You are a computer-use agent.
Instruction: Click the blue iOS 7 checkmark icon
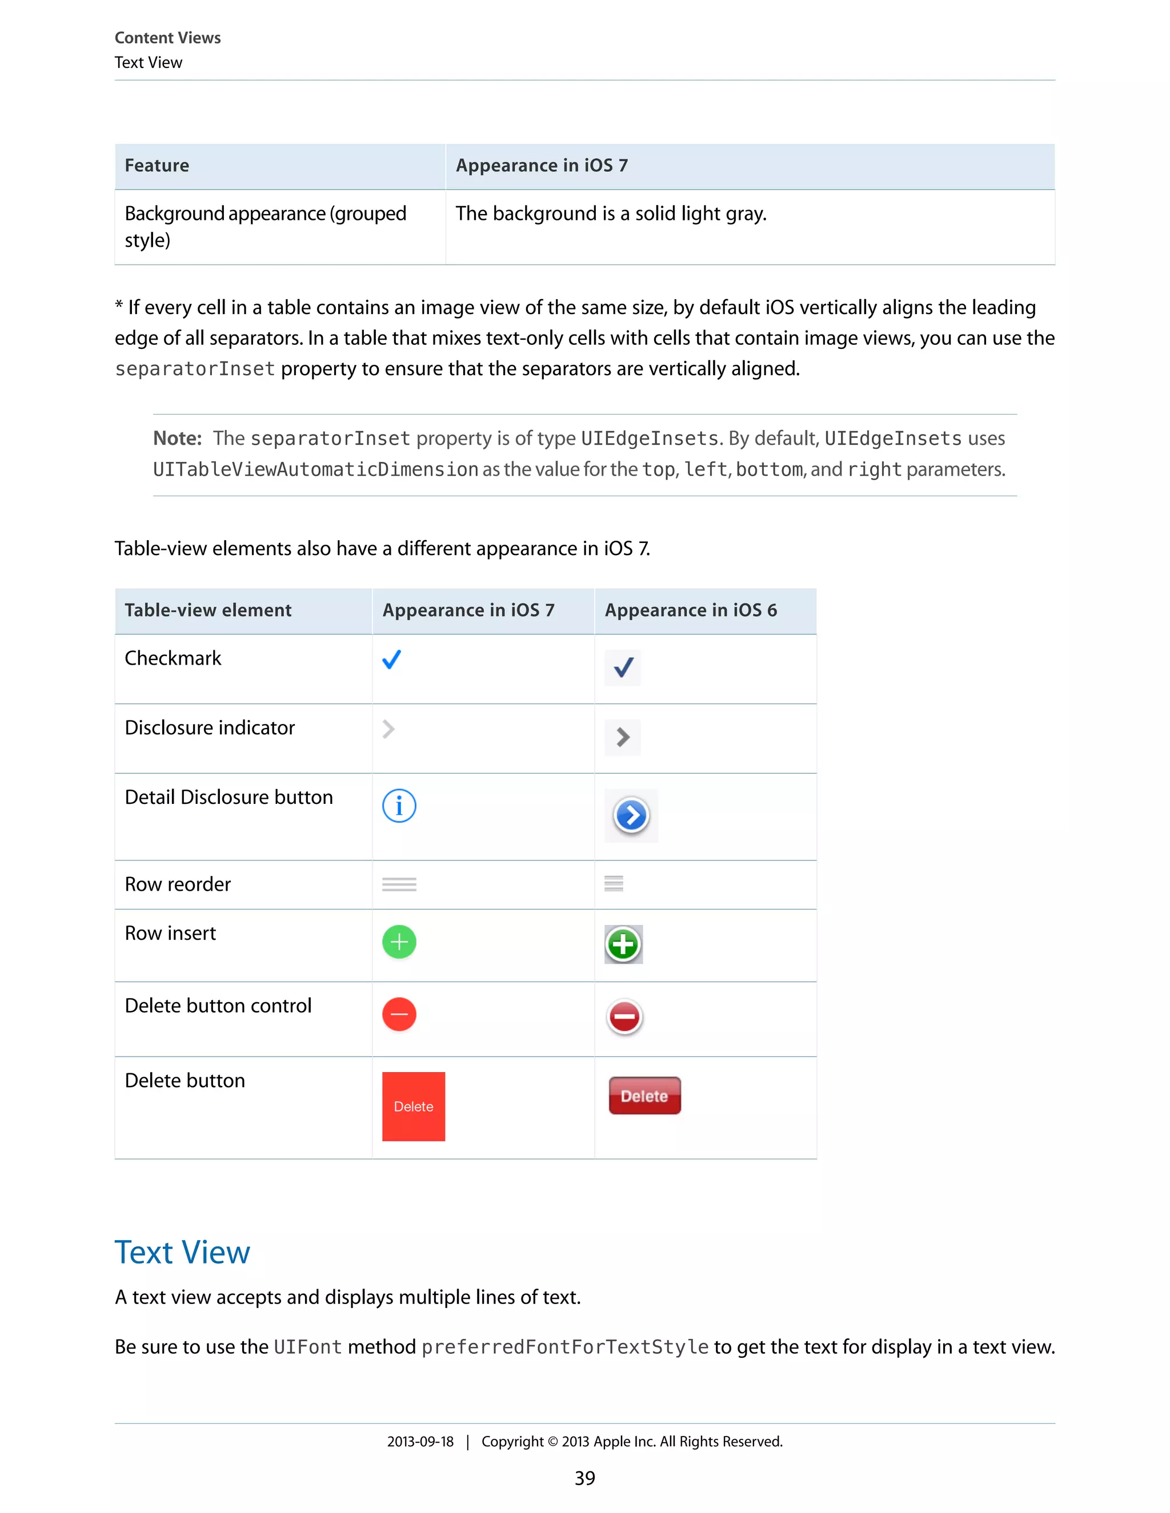point(391,659)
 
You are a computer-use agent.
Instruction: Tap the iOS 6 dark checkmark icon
point(623,668)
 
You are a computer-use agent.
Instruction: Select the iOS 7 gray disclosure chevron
point(389,729)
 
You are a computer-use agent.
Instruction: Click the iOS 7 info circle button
point(399,806)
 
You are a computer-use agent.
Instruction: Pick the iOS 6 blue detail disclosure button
point(631,815)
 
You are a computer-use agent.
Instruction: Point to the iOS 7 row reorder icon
point(399,884)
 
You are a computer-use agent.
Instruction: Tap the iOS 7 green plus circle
point(399,942)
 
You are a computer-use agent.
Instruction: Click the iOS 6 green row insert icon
point(623,944)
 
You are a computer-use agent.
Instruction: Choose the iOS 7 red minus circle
point(399,1014)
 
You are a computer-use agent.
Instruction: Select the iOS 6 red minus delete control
point(624,1017)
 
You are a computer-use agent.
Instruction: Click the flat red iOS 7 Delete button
point(414,1106)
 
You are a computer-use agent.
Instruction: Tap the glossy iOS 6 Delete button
point(644,1096)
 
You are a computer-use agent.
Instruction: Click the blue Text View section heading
point(182,1253)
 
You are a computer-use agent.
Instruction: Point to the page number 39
point(585,1478)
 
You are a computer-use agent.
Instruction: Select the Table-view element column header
point(208,610)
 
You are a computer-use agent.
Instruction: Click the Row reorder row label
point(178,884)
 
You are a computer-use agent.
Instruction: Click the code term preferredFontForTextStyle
point(565,1347)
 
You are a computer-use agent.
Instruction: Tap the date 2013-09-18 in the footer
point(420,1442)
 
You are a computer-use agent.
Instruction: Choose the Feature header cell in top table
point(157,166)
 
